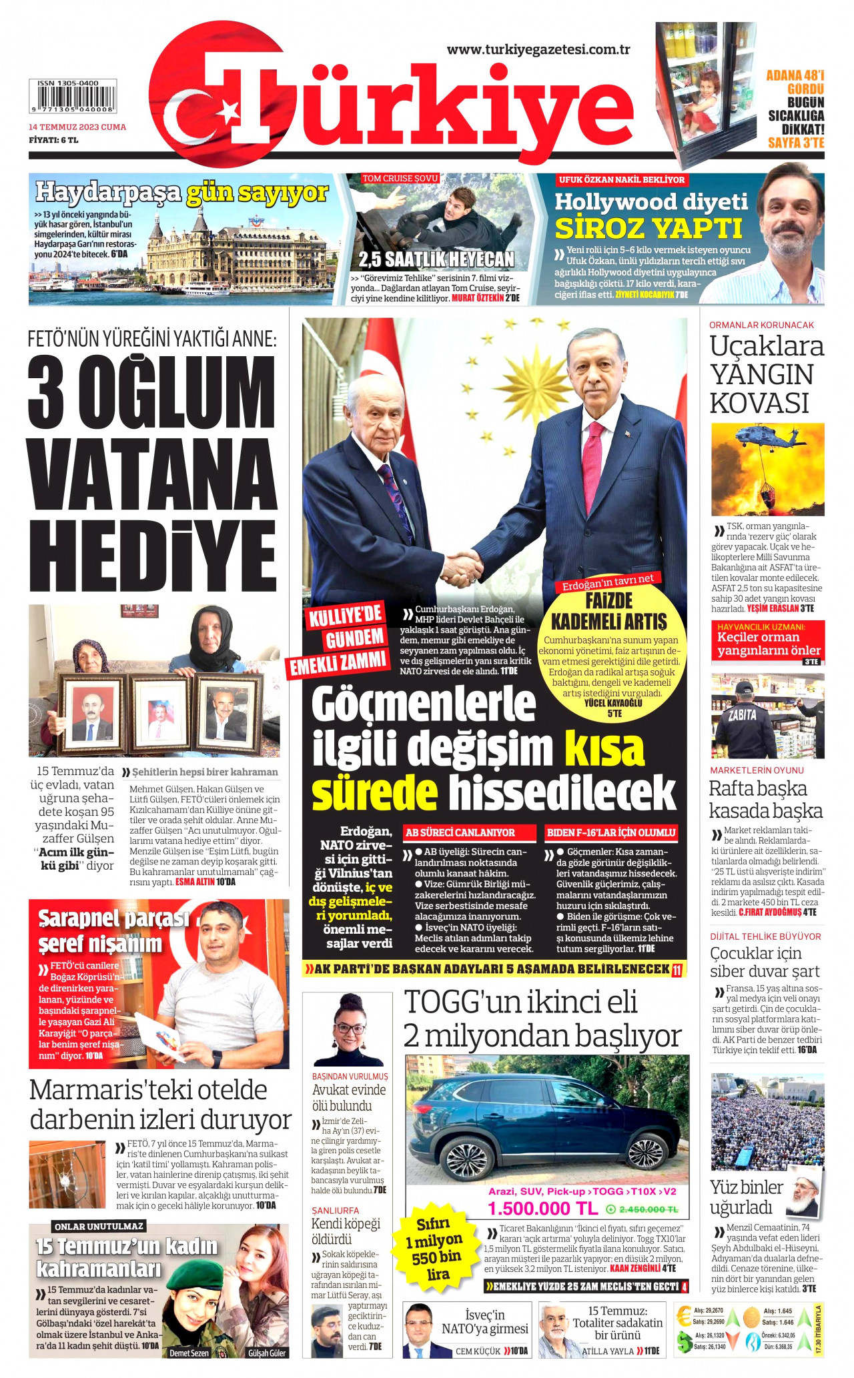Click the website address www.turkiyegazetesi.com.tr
click(538, 49)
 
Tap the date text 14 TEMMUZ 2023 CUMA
click(77, 127)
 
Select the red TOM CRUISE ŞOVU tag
click(400, 179)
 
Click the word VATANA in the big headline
click(153, 472)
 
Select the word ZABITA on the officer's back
click(742, 715)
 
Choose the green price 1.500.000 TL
click(542, 1209)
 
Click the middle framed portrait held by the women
click(160, 713)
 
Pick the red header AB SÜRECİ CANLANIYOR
click(469, 832)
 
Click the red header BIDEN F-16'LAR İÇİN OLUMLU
click(610, 832)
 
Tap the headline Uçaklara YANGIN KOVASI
click(766, 374)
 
